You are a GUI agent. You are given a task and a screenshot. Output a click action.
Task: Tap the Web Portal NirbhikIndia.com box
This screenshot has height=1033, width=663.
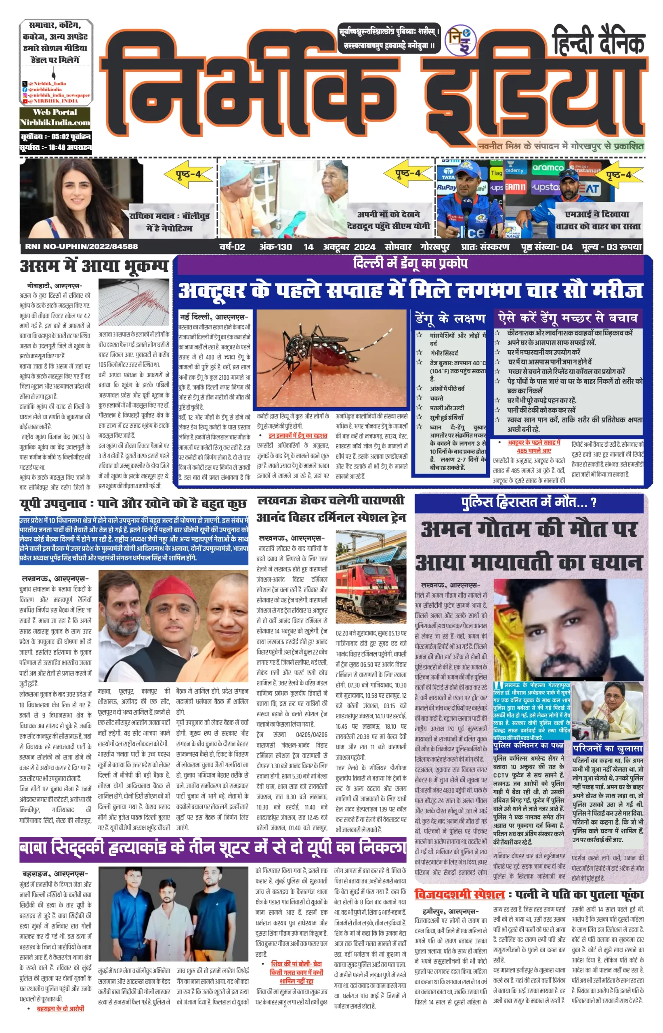click(x=55, y=117)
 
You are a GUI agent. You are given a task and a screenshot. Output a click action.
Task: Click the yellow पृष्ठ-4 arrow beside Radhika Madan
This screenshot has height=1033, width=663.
click(x=189, y=175)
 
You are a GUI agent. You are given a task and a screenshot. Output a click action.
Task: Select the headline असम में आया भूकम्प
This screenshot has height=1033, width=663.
click(x=94, y=266)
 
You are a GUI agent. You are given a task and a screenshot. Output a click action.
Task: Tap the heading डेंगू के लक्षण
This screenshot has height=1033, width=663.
click(x=450, y=319)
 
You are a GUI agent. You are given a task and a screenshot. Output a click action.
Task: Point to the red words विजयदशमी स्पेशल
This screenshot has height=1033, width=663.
click(x=459, y=894)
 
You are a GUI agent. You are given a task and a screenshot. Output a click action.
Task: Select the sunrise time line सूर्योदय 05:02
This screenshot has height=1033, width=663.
click(x=56, y=137)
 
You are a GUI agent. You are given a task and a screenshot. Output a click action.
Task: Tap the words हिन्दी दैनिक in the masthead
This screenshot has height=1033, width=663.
click(x=598, y=41)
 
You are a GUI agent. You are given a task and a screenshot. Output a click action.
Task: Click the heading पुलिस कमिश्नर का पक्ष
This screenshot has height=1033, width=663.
click(x=528, y=745)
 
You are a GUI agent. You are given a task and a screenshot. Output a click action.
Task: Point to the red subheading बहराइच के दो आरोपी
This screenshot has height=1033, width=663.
click(x=60, y=1008)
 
